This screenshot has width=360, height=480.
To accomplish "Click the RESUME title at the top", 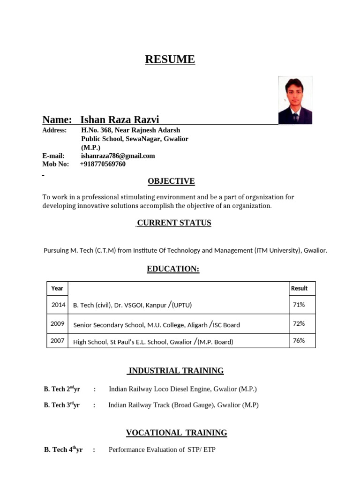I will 170,60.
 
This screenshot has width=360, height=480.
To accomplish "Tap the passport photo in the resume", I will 295,100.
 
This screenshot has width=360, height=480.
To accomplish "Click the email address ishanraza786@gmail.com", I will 118,156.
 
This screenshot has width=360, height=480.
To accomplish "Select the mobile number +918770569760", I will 103,164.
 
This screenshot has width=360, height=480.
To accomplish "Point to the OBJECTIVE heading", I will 171,181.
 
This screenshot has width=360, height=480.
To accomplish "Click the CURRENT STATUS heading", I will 174,223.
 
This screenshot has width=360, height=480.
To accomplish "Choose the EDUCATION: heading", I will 173,269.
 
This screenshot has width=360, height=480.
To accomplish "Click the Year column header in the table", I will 57,288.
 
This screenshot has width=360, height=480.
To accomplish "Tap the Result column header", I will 299,288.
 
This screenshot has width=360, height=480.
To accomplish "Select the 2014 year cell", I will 58,305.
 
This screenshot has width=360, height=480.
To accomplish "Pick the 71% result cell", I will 299,305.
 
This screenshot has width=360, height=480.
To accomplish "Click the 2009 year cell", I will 57,323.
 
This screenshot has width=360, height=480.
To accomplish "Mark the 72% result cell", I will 299,323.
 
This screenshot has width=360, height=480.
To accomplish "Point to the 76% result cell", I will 299,341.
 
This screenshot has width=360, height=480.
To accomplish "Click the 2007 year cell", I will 57,341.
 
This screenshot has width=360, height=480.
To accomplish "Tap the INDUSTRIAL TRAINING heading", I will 176,371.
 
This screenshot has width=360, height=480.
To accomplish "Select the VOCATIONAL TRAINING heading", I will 176,433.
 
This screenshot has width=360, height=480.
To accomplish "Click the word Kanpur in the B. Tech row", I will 156,305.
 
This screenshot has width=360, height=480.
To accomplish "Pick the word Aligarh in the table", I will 196,325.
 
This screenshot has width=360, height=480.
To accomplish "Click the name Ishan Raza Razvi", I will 120,120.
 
